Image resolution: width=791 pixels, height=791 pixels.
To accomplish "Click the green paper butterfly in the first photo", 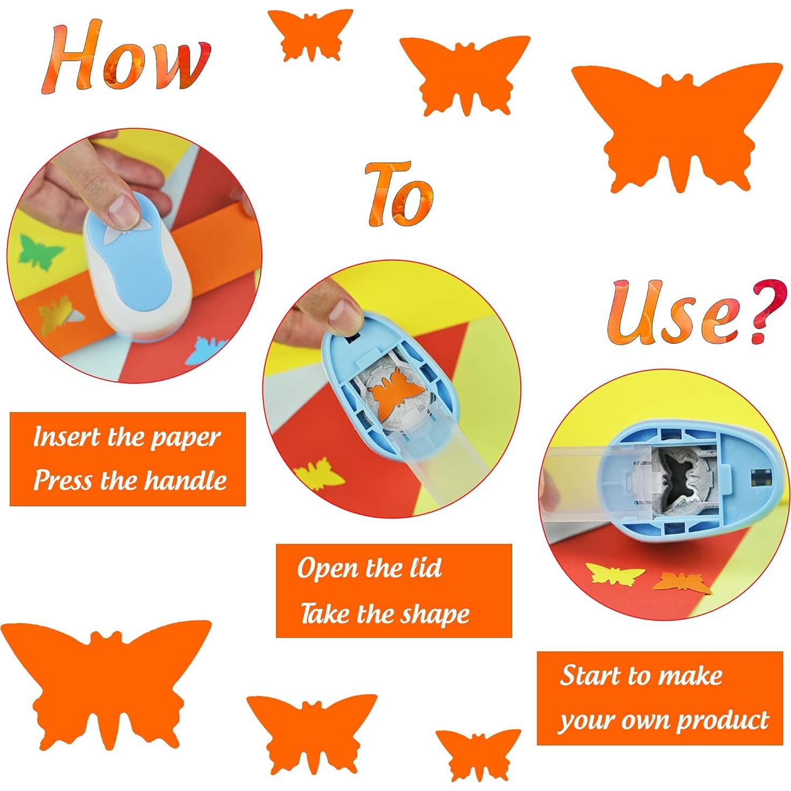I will (40, 252).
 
